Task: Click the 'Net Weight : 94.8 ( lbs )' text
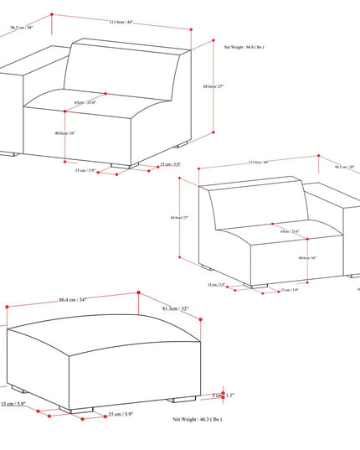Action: click(x=244, y=48)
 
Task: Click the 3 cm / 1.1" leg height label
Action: click(x=224, y=395)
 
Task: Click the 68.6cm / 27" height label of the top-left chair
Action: click(x=214, y=86)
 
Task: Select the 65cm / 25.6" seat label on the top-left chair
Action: click(x=85, y=102)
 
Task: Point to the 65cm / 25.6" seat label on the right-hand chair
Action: click(x=290, y=231)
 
